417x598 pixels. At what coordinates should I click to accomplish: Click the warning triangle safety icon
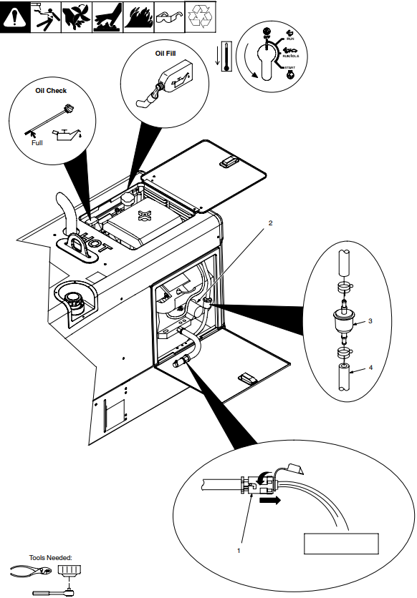pos(15,16)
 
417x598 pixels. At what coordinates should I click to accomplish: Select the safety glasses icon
pos(170,16)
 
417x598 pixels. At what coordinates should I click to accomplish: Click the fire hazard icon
pos(139,16)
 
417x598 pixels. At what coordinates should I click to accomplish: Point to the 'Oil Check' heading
pos(51,91)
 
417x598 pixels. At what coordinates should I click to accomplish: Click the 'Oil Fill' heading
pos(166,53)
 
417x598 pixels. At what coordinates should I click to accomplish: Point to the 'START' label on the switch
pos(289,66)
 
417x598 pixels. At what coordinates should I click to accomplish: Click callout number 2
pos(270,223)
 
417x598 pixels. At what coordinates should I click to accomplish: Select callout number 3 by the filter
pos(370,321)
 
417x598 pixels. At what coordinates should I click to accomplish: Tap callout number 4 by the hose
pos(370,368)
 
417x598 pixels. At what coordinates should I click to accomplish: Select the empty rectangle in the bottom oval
pos(341,543)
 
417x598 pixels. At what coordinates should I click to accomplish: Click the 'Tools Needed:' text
pos(51,557)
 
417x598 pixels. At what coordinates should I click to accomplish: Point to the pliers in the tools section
pos(30,571)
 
